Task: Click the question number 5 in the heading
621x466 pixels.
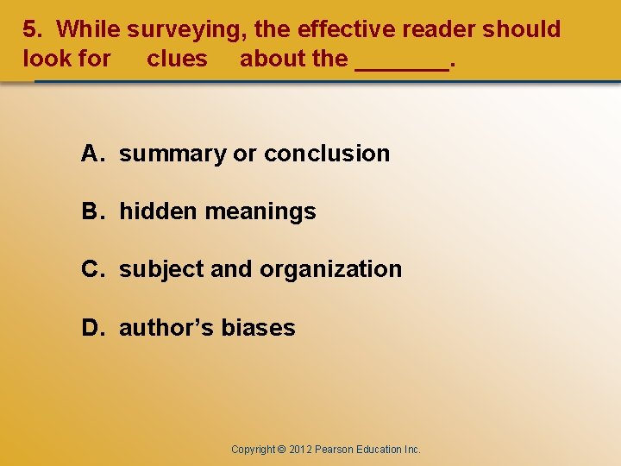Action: click(29, 29)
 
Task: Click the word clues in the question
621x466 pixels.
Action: click(177, 59)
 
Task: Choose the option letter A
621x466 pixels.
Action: click(91, 154)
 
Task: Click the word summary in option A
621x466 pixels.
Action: click(172, 154)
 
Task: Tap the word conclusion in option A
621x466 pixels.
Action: click(327, 154)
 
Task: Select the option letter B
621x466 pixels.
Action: click(91, 211)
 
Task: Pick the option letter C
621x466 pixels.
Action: click(91, 269)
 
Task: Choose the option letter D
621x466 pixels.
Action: click(91, 328)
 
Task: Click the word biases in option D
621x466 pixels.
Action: click(258, 328)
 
